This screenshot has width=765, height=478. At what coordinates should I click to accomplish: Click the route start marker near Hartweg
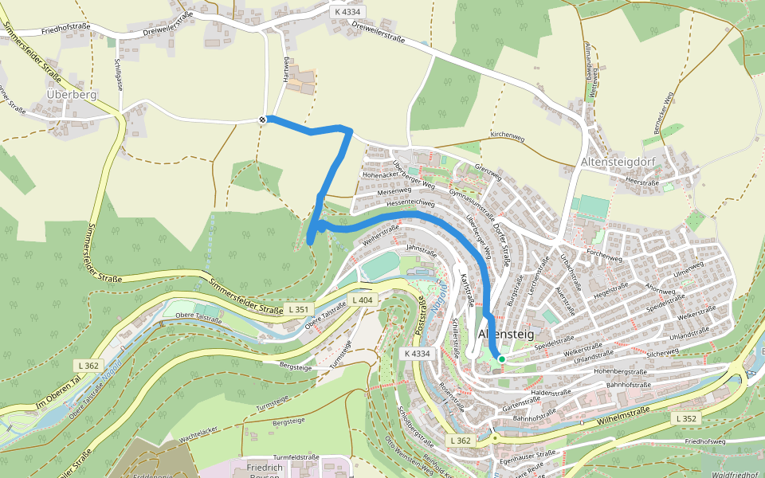pyautogui.click(x=263, y=119)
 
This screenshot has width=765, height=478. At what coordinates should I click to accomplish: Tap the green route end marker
pyautogui.click(x=502, y=359)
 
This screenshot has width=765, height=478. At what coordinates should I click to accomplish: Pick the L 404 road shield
pyautogui.click(x=362, y=300)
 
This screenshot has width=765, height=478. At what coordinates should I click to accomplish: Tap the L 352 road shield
pyautogui.click(x=685, y=418)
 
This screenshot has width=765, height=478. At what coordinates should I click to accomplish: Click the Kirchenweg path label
pyautogui.click(x=508, y=137)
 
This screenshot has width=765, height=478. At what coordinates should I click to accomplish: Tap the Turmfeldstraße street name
pyautogui.click(x=296, y=457)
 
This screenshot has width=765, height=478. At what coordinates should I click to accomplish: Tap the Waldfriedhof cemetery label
pyautogui.click(x=733, y=474)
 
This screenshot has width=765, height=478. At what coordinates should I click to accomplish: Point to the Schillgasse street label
pyautogui.click(x=117, y=72)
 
